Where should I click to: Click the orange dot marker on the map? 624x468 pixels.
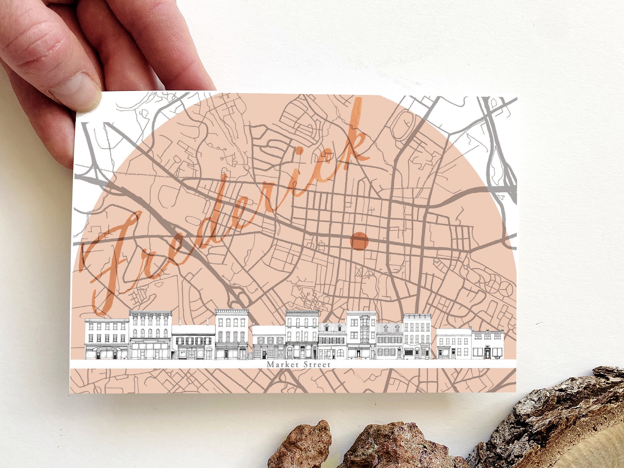359,241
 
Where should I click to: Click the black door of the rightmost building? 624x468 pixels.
487,354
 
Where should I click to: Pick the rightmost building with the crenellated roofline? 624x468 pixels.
487,344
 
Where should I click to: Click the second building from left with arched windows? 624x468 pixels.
150,335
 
